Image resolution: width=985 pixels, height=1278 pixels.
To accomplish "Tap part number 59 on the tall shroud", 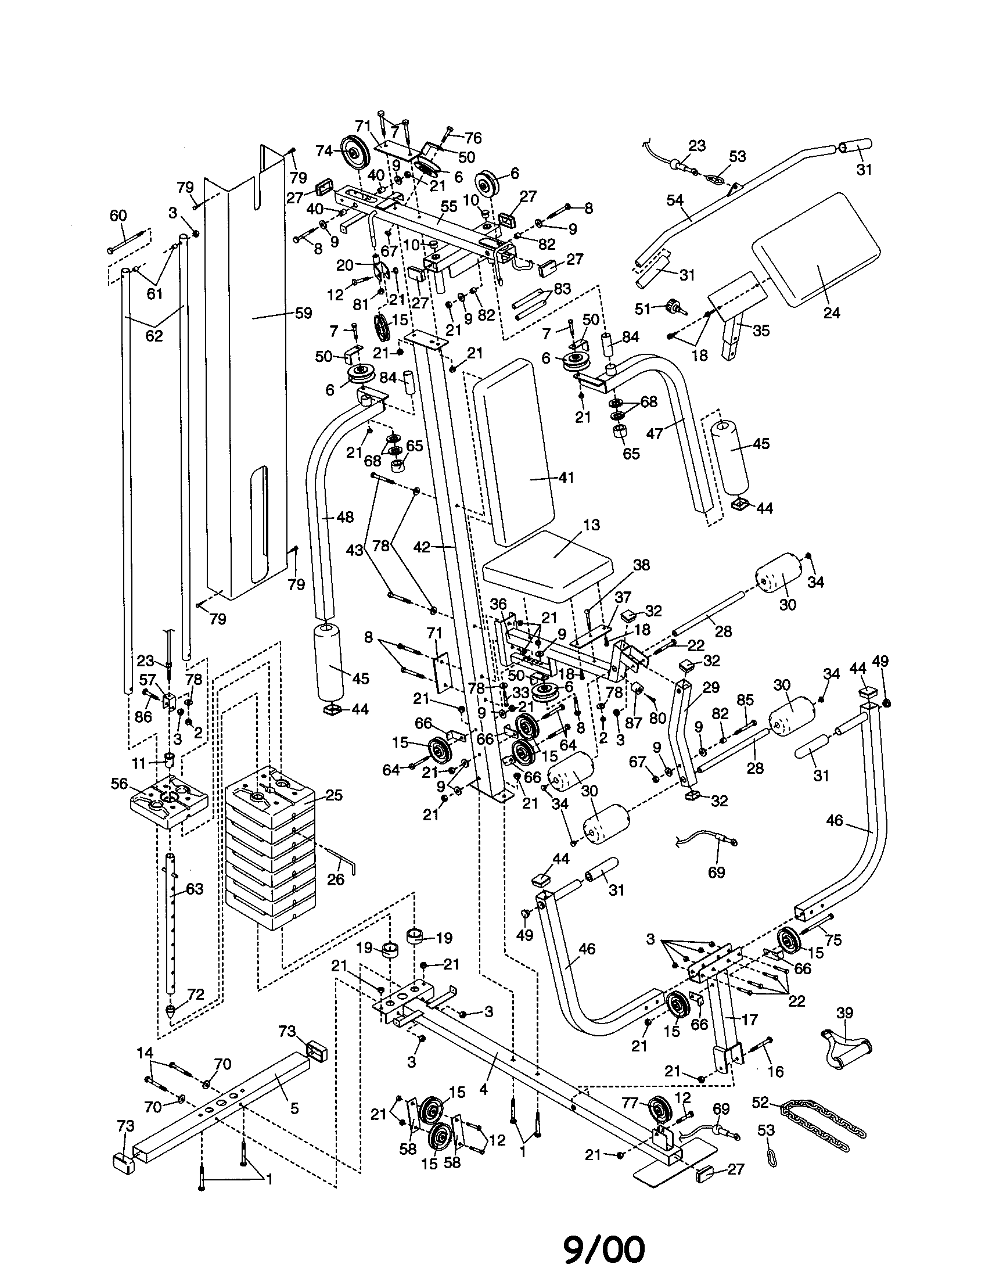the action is [304, 313].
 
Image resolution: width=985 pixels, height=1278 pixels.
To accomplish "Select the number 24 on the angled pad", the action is [831, 313].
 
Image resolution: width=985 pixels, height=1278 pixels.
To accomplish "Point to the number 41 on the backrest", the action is [566, 478].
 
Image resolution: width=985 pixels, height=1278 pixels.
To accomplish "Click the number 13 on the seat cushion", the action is [591, 525].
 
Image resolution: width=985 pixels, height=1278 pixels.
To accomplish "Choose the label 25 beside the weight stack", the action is [335, 795].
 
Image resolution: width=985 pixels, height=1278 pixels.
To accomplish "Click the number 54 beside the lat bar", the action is [675, 200].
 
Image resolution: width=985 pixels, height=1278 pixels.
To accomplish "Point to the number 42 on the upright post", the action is [422, 547].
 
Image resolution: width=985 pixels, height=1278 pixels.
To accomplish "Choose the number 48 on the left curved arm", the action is [345, 517].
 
